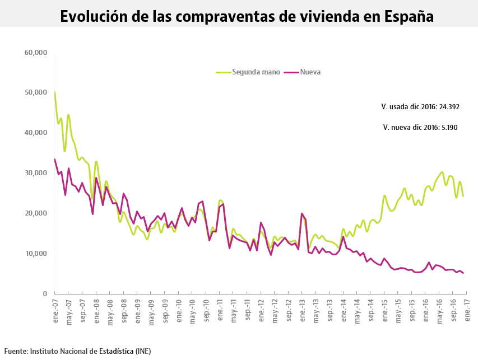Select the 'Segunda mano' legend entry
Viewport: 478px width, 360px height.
tap(252, 72)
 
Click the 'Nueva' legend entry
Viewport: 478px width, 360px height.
tap(310, 72)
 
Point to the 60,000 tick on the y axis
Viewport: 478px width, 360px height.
tap(36, 52)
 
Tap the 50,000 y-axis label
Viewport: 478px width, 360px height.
tap(36, 92)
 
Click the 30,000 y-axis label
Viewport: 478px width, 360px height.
tap(36, 173)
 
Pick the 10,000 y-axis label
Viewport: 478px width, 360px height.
tap(36, 254)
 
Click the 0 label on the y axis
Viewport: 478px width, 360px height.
tap(45, 294)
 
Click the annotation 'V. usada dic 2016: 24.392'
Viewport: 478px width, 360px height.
tap(420, 106)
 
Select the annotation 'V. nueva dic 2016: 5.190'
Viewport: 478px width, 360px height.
tap(420, 128)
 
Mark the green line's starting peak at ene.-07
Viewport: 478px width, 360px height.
tap(55, 92)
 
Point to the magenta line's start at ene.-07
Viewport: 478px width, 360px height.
tap(55, 160)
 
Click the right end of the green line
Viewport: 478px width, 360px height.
tap(463, 196)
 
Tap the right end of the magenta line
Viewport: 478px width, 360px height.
tap(463, 273)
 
